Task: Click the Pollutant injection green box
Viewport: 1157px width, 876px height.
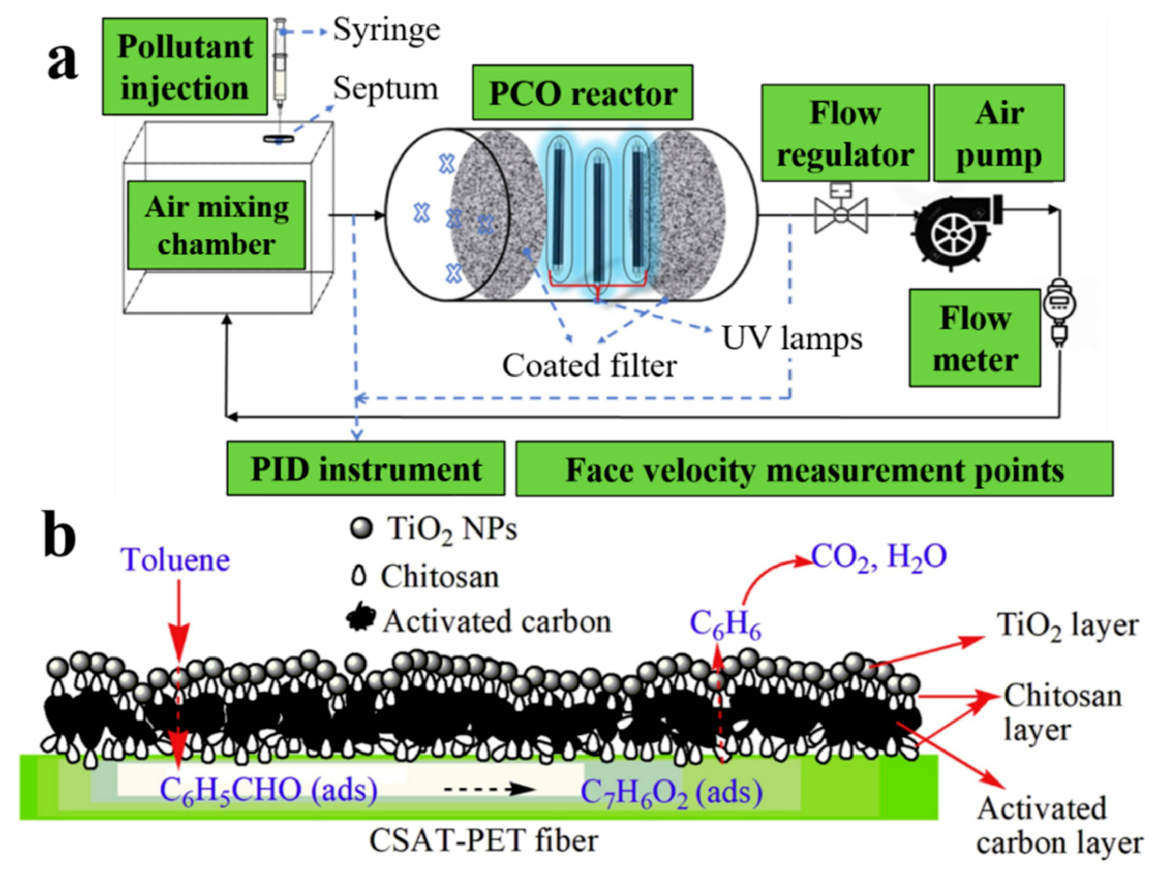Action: coord(185,67)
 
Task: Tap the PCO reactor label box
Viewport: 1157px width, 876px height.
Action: coord(582,93)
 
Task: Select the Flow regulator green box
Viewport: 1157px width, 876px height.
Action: coord(844,133)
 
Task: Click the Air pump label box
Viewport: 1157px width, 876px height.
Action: coord(998,133)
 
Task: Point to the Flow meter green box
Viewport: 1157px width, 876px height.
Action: coord(974,338)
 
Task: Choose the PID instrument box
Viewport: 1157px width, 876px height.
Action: coord(366,468)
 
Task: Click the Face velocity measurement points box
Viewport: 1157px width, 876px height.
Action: coord(814,469)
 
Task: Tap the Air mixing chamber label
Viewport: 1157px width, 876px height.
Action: coord(216,225)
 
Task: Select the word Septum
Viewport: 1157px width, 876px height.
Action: coord(385,89)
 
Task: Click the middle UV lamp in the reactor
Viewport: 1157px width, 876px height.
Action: coord(598,222)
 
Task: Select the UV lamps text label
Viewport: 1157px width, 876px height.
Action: coord(791,339)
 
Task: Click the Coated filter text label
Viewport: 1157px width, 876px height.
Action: coord(590,365)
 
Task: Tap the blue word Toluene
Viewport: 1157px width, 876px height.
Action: coord(175,560)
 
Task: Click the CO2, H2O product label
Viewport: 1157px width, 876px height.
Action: coord(879,558)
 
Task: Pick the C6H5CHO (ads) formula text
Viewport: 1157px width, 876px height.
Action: coord(268,790)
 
